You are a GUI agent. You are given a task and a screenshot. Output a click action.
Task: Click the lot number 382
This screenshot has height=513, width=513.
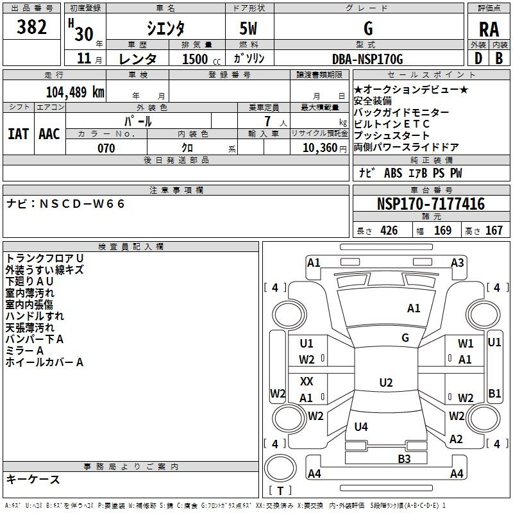[x=31, y=28]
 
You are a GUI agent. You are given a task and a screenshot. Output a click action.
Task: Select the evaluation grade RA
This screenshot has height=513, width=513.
[x=489, y=29]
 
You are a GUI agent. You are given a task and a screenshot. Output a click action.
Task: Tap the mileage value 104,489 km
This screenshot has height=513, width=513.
[x=75, y=92]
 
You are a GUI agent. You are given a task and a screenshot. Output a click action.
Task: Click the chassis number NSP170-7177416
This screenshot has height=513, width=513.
[x=431, y=204]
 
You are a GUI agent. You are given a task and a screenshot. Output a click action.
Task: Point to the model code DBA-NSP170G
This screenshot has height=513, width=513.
[x=367, y=59]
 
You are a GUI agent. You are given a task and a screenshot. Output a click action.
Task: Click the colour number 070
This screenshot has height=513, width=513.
[x=106, y=148]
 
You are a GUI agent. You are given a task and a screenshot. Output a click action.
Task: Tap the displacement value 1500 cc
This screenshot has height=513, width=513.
[x=196, y=59]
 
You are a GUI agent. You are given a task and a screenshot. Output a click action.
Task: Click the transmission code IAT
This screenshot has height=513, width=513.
[x=19, y=133]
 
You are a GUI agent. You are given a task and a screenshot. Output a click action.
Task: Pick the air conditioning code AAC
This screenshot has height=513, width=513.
[x=49, y=133]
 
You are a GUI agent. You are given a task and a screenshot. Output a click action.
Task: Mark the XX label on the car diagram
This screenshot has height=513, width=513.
[x=307, y=382]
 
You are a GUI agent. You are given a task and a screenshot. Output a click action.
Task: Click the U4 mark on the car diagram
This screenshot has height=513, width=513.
[x=361, y=426]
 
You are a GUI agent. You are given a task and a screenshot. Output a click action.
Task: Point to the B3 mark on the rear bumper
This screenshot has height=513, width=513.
[x=404, y=458]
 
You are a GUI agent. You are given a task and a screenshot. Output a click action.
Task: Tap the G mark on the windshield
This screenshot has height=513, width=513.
[x=405, y=338]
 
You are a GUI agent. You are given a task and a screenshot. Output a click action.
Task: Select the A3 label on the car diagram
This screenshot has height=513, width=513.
[x=457, y=262]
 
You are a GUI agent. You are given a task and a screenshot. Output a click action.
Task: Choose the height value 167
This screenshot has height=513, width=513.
[x=494, y=231]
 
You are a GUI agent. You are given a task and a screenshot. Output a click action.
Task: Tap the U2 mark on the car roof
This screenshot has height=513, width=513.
[x=385, y=383]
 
